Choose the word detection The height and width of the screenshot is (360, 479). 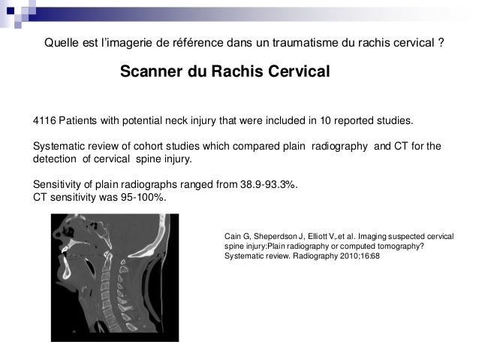[56, 160]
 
